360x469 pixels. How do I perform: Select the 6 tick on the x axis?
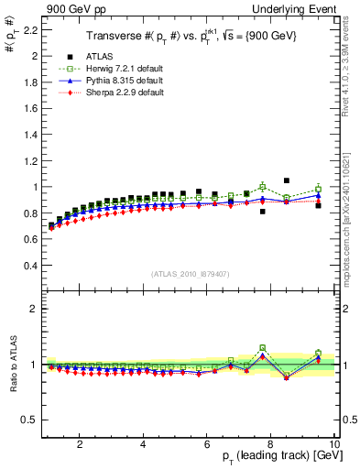click(x=207, y=445)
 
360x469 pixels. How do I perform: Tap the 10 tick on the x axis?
click(x=333, y=445)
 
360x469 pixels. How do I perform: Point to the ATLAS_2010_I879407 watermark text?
click(x=190, y=274)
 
